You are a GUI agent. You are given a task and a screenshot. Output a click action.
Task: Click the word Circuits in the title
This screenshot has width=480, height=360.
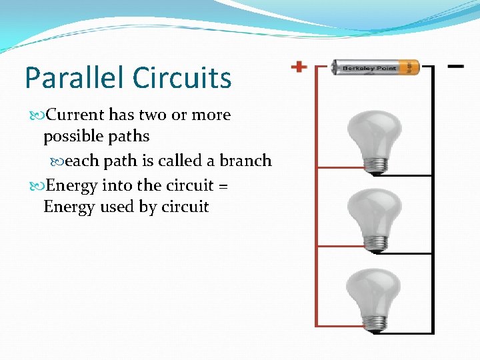(182, 78)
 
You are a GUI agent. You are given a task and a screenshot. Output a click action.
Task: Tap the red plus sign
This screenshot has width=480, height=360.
(299, 67)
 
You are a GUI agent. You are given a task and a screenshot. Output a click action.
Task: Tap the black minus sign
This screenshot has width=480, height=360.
(456, 67)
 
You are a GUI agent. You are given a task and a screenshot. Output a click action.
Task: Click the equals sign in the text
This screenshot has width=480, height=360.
(223, 186)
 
